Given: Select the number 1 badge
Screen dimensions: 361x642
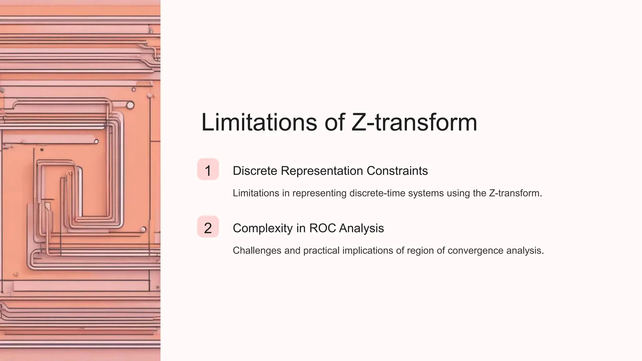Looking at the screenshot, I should tap(208, 170).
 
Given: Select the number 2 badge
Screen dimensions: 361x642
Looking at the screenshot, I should tap(208, 227).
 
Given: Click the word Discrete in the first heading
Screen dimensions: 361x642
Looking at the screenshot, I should tap(255, 171).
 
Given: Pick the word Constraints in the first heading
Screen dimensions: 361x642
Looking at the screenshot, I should tap(397, 171).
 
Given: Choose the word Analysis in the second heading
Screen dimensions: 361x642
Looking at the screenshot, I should tap(361, 228).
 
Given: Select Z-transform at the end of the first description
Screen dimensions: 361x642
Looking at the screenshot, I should tap(515, 193).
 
